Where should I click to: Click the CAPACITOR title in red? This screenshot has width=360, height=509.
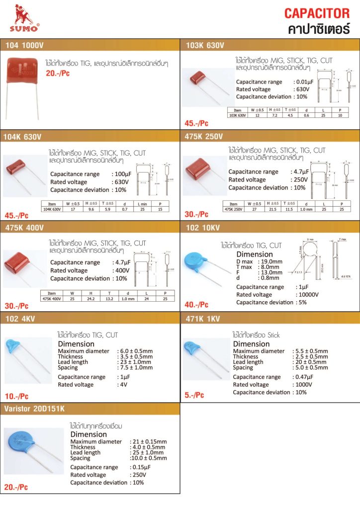(317, 13)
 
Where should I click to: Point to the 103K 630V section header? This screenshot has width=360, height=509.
(205, 45)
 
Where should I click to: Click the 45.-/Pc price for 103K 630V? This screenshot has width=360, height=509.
(196, 123)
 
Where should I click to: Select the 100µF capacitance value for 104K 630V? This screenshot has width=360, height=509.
(121, 174)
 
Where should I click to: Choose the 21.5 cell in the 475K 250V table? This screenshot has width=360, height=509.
(273, 209)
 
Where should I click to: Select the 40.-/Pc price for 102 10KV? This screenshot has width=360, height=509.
(196, 305)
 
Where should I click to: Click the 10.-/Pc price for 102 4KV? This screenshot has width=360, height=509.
(16, 396)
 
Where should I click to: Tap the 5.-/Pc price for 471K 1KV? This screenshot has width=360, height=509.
(194, 395)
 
